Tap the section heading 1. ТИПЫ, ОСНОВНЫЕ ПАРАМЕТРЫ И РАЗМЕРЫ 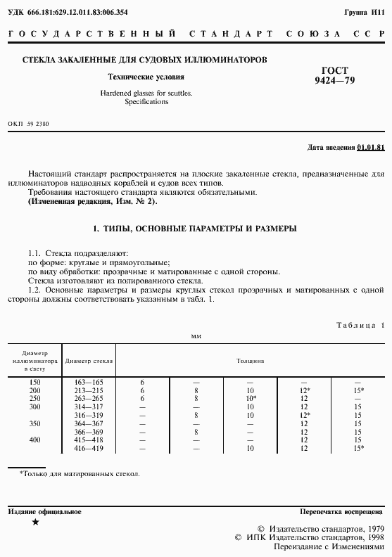tap(195, 229)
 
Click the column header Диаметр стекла tap(89, 360)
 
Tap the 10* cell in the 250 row tap(251, 397)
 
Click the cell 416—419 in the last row tap(89, 448)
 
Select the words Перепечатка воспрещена tap(341, 511)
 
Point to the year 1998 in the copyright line tap(373, 537)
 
